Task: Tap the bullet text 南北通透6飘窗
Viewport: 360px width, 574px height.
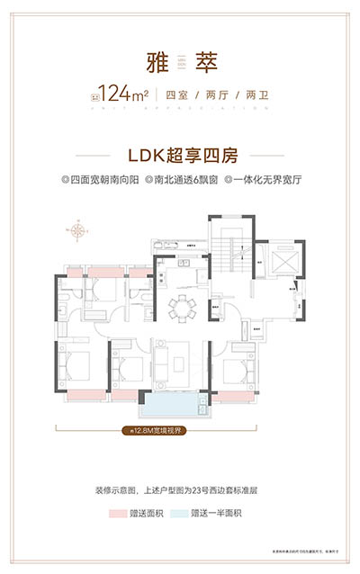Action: point(179,179)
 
